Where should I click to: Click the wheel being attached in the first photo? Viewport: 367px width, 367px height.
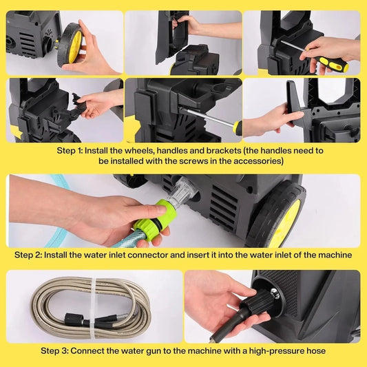click(x=70, y=45)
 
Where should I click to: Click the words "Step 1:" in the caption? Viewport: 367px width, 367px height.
click(x=70, y=151)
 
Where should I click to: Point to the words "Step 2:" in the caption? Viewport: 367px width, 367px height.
click(x=28, y=255)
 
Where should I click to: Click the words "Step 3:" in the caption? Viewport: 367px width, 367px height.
click(x=55, y=350)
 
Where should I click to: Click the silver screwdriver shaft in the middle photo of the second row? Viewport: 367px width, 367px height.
click(x=207, y=117)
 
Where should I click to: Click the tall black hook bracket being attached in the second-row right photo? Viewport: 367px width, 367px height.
click(x=295, y=103)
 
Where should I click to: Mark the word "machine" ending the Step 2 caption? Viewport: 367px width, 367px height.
click(x=336, y=255)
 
